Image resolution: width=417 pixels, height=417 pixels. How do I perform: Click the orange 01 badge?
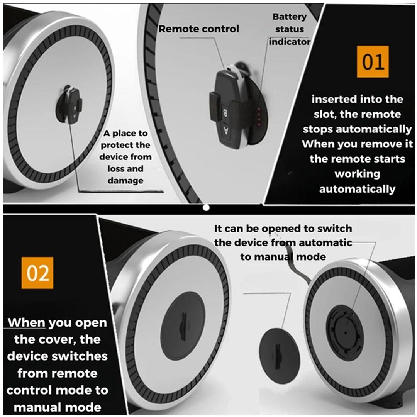(373, 61)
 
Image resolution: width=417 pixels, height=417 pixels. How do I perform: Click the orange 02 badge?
(37, 273)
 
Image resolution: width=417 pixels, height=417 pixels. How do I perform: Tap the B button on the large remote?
(225, 113)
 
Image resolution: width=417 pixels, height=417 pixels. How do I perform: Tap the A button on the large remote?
(226, 131)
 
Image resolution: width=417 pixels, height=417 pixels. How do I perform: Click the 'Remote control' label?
(199, 29)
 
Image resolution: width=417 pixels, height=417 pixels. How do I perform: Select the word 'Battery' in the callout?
(290, 17)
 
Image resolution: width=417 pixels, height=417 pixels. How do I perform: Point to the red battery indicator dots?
(258, 117)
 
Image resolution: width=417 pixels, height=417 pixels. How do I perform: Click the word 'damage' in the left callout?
(125, 181)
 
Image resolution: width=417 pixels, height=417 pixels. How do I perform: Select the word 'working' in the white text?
(357, 174)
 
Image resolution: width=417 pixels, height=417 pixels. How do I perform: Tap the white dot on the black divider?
(206, 207)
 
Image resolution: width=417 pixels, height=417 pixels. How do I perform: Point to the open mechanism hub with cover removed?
(345, 332)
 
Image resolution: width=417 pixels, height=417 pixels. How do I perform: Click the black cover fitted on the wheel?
(183, 325)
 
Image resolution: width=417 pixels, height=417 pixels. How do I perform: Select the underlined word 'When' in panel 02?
(27, 322)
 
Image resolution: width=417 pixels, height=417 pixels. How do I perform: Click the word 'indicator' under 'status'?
(290, 42)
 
